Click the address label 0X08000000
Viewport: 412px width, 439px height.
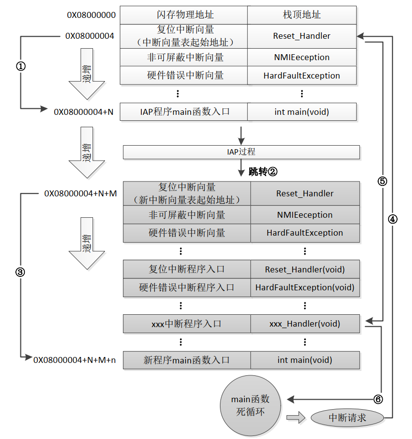(92, 15)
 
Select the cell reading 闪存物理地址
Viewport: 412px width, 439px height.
(184, 15)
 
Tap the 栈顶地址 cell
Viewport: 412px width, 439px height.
(302, 15)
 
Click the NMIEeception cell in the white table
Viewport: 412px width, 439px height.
(302, 57)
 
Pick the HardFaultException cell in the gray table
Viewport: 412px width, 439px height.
(305, 233)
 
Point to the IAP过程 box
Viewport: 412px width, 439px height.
(241, 152)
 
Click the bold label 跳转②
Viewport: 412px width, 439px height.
(263, 172)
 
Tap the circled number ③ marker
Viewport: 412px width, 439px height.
(21, 272)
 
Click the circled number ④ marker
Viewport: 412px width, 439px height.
(393, 219)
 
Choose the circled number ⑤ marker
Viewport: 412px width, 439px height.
(382, 181)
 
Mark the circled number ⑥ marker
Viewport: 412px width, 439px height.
(379, 399)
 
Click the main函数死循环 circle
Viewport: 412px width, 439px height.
(250, 405)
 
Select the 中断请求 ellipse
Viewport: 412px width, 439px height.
(348, 418)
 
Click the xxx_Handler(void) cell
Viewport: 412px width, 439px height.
(305, 324)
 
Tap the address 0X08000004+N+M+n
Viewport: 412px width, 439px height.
(75, 360)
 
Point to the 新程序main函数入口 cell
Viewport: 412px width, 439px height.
(187, 360)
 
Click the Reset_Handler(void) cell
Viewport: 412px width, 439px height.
(305, 269)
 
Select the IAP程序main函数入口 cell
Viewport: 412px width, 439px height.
(184, 112)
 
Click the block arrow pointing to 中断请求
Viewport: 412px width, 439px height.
(296, 418)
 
